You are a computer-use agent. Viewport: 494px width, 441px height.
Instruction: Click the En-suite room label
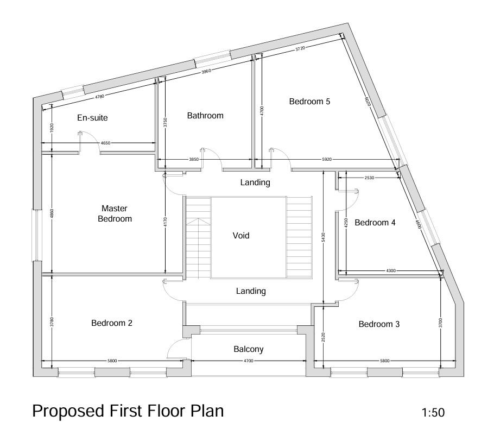pyautogui.click(x=92, y=118)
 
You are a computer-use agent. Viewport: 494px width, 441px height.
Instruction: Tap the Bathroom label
pyautogui.click(x=205, y=116)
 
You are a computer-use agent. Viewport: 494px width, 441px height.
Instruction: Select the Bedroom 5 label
pyautogui.click(x=309, y=102)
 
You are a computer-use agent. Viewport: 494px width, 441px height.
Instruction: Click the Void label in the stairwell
pyautogui.click(x=241, y=236)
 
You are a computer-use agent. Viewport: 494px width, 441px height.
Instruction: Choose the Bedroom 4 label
pyautogui.click(x=375, y=223)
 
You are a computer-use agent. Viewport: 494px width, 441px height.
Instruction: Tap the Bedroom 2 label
pyautogui.click(x=112, y=323)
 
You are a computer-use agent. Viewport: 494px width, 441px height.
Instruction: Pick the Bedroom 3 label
pyautogui.click(x=379, y=324)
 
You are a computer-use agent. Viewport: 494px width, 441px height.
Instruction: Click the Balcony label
pyautogui.click(x=249, y=349)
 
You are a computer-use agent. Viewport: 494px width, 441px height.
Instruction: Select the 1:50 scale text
pyautogui.click(x=433, y=413)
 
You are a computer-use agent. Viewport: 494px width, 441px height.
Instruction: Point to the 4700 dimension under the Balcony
pyautogui.click(x=248, y=361)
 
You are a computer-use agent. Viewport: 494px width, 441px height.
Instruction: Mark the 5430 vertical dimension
pyautogui.click(x=324, y=237)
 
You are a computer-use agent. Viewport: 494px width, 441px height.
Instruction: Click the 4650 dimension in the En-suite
pyautogui.click(x=105, y=143)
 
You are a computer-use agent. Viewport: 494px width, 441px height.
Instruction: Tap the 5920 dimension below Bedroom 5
pyautogui.click(x=326, y=160)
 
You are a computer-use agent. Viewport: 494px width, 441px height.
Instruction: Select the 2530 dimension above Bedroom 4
pyautogui.click(x=369, y=178)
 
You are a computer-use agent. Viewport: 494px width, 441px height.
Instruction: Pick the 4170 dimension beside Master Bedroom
pyautogui.click(x=164, y=222)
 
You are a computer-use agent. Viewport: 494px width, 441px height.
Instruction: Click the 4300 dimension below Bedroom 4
pyautogui.click(x=390, y=270)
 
